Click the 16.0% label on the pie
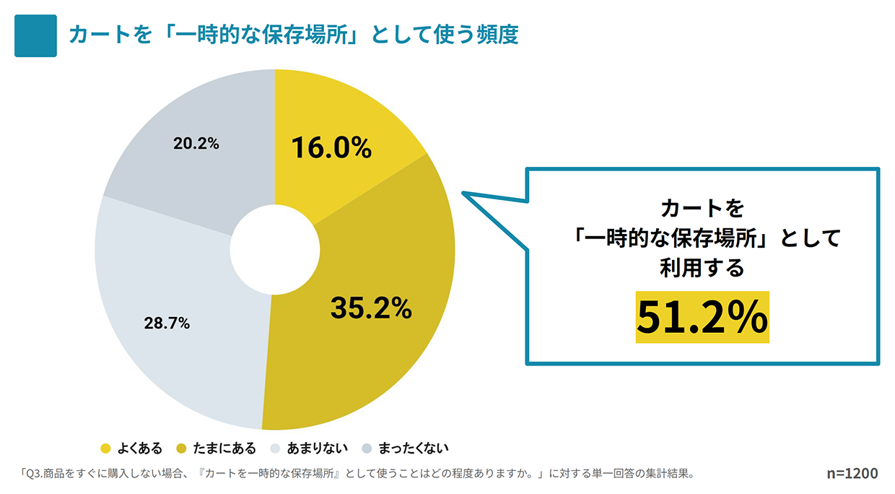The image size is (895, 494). click(x=331, y=148)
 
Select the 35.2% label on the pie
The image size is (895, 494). click(x=371, y=308)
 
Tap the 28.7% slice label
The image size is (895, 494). click(x=167, y=324)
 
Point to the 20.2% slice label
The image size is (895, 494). click(x=196, y=144)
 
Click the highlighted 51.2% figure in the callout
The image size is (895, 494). click(x=702, y=318)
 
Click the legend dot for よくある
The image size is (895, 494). click(x=105, y=448)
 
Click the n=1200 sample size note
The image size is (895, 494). click(x=852, y=474)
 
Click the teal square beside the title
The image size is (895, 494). click(x=35, y=35)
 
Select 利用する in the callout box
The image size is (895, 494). click(x=702, y=268)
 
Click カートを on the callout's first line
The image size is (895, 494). click(x=702, y=209)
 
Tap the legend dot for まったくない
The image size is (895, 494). click(x=367, y=448)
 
